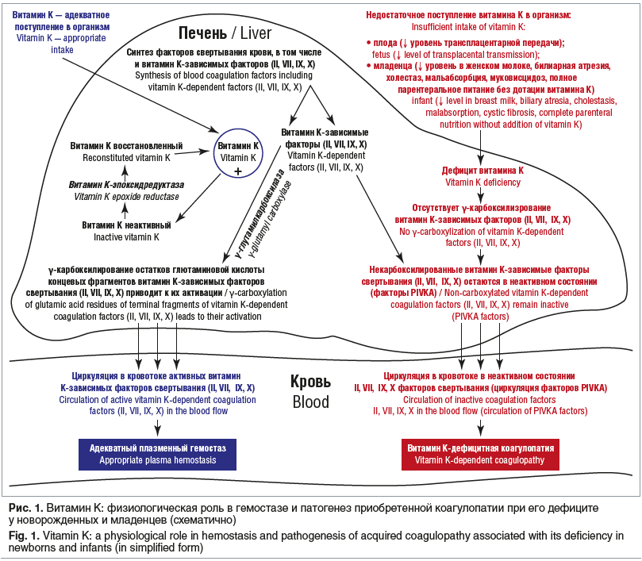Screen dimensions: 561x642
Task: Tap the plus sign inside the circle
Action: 239,170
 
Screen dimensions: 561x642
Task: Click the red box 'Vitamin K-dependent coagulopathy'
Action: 479,454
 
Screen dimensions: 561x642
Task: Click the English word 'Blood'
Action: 310,402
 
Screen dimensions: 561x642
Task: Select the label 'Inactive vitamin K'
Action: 127,236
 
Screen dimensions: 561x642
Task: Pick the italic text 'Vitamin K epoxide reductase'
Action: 126,196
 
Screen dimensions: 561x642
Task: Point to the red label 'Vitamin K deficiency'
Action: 482,182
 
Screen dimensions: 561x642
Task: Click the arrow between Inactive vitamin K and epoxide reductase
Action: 124,210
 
